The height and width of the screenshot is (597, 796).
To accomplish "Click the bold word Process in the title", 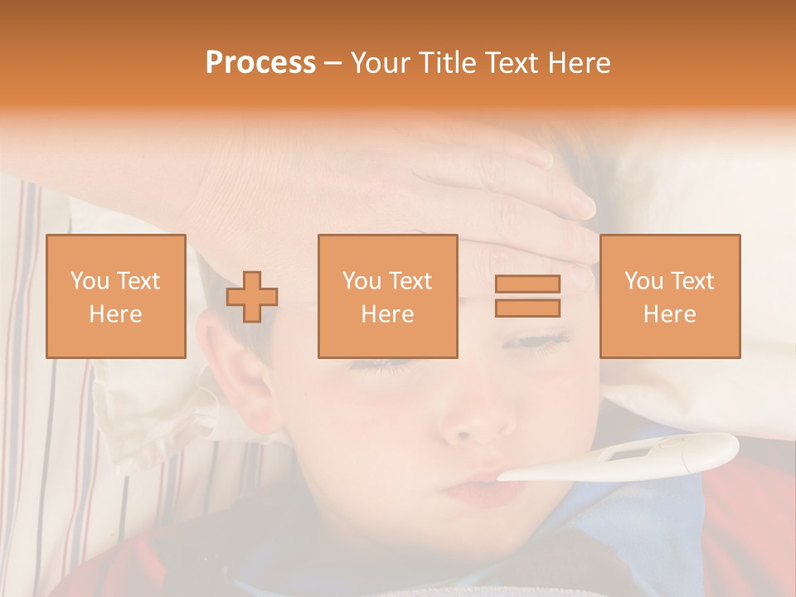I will click(260, 63).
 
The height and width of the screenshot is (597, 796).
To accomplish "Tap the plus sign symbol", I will click(252, 297).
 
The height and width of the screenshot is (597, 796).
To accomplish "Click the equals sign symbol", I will click(527, 296).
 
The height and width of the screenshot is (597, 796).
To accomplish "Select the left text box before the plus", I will click(116, 297).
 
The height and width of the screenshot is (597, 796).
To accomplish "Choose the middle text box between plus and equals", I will click(387, 297).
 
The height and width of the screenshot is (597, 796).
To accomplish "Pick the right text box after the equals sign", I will click(670, 297).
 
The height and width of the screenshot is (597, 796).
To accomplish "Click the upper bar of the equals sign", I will click(527, 284).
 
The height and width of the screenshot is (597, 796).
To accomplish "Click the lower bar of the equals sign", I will click(527, 308).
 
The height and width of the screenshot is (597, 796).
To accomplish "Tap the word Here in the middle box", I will click(387, 314).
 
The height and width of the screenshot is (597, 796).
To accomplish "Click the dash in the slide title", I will click(333, 63).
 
